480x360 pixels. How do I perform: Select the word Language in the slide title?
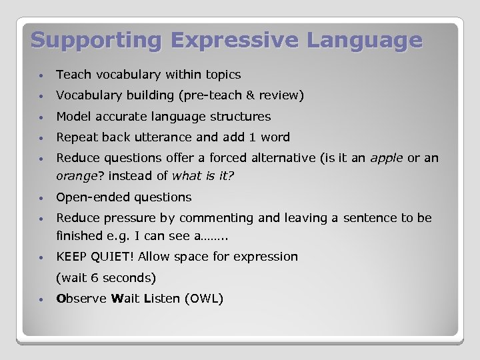[x=365, y=40]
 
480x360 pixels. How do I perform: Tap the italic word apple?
[x=387, y=158]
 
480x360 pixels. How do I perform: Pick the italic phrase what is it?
[x=203, y=177]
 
